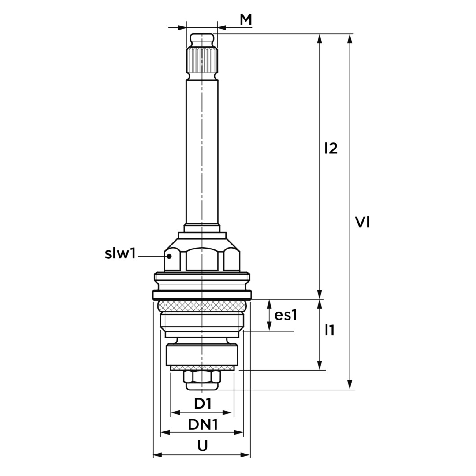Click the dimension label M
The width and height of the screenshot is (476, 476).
(246, 20)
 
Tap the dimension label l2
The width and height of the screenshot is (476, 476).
(331, 149)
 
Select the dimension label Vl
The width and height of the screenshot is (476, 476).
(362, 222)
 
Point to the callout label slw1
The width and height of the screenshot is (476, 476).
(120, 253)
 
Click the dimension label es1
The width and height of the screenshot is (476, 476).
(286, 315)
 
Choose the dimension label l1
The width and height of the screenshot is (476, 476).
(329, 330)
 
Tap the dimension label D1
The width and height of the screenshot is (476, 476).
(202, 404)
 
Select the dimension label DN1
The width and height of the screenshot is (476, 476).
(203, 425)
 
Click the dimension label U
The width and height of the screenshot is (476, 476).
(202, 446)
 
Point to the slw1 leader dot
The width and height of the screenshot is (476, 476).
(170, 256)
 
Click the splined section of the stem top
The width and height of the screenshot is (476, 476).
(201, 59)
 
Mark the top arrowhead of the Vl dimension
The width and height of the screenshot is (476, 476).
(350, 39)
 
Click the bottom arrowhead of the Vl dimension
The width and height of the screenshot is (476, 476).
(350, 384)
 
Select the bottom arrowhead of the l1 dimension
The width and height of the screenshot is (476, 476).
(320, 365)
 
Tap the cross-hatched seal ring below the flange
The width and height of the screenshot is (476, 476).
(201, 306)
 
